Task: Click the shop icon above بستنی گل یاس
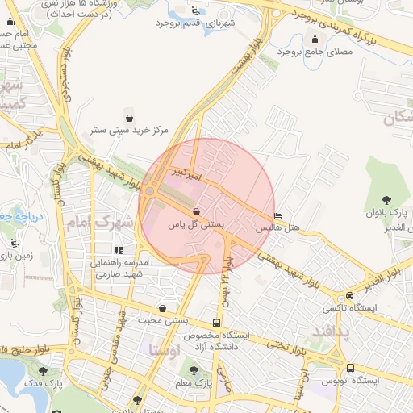(x=197, y=211)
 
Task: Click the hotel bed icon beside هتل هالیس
(x=278, y=216)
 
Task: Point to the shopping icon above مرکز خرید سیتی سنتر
(x=129, y=118)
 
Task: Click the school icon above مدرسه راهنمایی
(x=119, y=251)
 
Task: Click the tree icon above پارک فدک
(x=43, y=371)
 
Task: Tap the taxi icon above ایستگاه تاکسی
(x=348, y=296)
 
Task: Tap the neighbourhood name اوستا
(x=164, y=349)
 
